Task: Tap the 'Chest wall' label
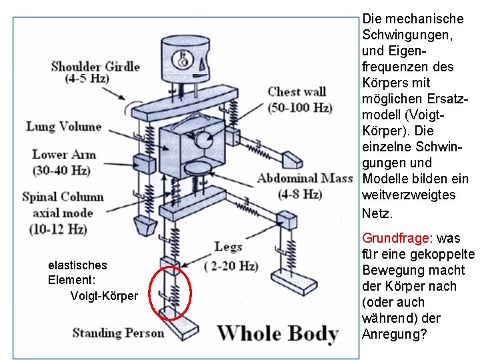click(x=297, y=91)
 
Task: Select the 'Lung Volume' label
click(x=64, y=126)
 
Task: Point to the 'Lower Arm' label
click(x=64, y=154)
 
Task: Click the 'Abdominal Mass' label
click(x=305, y=178)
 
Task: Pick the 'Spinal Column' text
click(x=63, y=197)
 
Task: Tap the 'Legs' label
click(x=228, y=247)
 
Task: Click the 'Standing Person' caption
click(x=118, y=333)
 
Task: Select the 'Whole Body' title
click(x=277, y=332)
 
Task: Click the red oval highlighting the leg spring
click(x=169, y=293)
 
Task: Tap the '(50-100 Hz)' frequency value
click(x=300, y=107)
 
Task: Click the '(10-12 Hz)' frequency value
click(x=58, y=229)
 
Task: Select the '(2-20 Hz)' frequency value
click(x=230, y=265)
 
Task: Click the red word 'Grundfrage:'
click(x=397, y=238)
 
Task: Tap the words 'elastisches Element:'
click(x=77, y=272)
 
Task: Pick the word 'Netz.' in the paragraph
click(x=378, y=213)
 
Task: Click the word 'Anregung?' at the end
click(x=395, y=334)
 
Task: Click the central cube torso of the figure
click(x=190, y=151)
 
